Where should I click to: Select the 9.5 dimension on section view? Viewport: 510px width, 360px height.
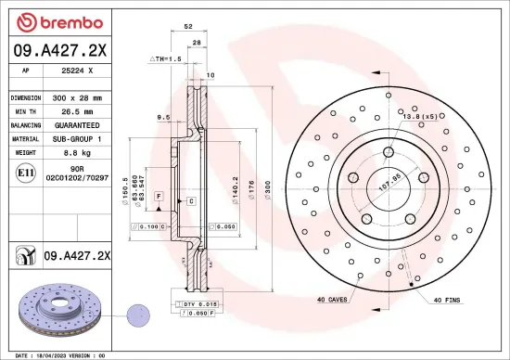[162, 117]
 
